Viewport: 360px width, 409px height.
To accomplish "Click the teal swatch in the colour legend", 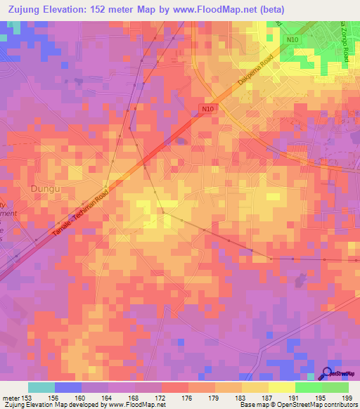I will click(x=41, y=387).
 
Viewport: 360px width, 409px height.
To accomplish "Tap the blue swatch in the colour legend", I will click(x=68, y=387).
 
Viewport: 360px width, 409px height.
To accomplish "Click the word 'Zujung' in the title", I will click(x=20, y=8).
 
